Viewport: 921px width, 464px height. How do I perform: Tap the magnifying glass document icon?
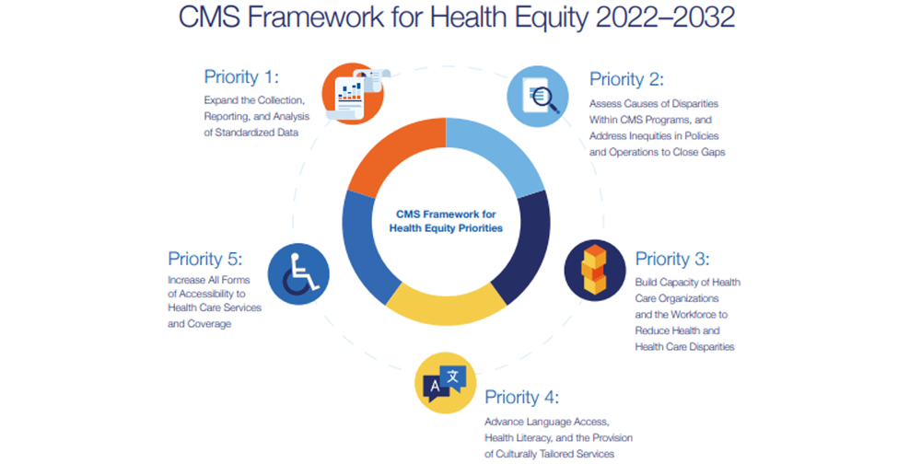click(x=538, y=96)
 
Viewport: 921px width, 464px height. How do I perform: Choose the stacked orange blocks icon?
click(x=594, y=271)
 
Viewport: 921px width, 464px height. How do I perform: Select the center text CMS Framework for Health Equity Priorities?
click(x=446, y=221)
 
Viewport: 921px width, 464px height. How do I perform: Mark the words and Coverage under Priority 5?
click(x=199, y=324)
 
